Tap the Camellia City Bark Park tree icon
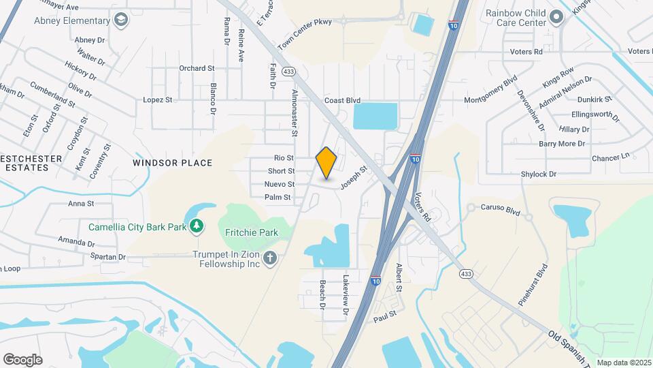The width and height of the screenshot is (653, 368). tap(197, 226)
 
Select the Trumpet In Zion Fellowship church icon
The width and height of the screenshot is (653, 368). tap(270, 258)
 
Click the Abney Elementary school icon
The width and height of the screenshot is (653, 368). tap(120, 20)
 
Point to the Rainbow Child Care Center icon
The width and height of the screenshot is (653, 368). tap(557, 16)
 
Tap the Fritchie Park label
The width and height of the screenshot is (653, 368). tap(252, 232)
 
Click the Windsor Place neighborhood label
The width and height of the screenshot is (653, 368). tap(173, 163)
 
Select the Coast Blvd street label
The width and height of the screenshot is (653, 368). tap(342, 100)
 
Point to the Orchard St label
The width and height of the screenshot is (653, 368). tap(197, 68)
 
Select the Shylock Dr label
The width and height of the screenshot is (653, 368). tap(539, 174)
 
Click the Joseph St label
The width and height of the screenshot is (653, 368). tap(354, 176)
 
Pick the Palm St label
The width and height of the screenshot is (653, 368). tap(278, 197)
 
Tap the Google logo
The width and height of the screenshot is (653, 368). tap(22, 359)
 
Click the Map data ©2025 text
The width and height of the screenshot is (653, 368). tap(623, 363)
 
